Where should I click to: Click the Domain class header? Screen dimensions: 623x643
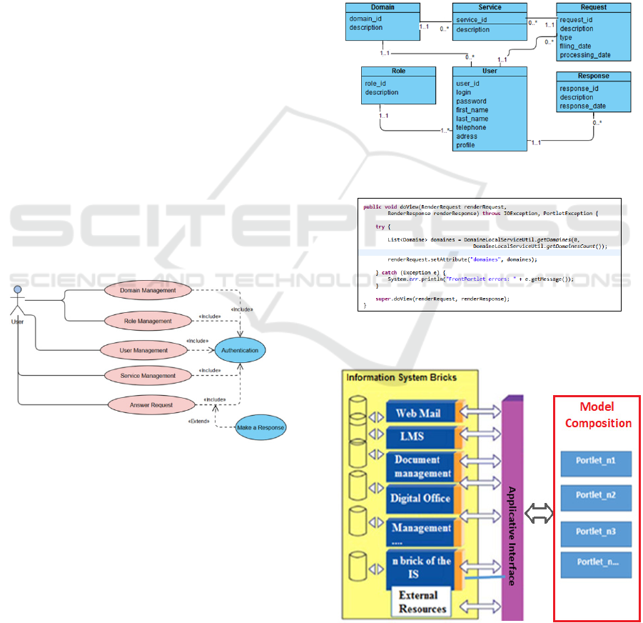tap(383, 8)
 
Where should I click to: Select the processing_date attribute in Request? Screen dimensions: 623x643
tap(584, 55)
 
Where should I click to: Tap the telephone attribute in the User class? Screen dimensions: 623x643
tap(471, 128)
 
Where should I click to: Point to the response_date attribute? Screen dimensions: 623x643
tap(582, 106)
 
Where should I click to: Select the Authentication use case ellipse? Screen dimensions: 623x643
tap(240, 350)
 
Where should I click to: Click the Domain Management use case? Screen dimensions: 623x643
tap(148, 291)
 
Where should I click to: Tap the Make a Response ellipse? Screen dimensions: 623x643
tap(261, 427)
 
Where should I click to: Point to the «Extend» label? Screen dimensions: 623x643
tap(198, 422)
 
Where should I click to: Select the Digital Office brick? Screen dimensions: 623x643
tap(420, 498)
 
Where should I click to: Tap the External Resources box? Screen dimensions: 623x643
tap(422, 602)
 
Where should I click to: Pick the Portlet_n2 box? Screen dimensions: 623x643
tap(596, 494)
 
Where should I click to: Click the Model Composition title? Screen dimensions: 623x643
tap(597, 415)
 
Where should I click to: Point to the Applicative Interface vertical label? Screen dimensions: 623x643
tap(512, 536)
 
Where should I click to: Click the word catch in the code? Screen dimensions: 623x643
tap(389, 273)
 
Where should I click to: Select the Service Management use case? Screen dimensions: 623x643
tap(148, 376)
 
